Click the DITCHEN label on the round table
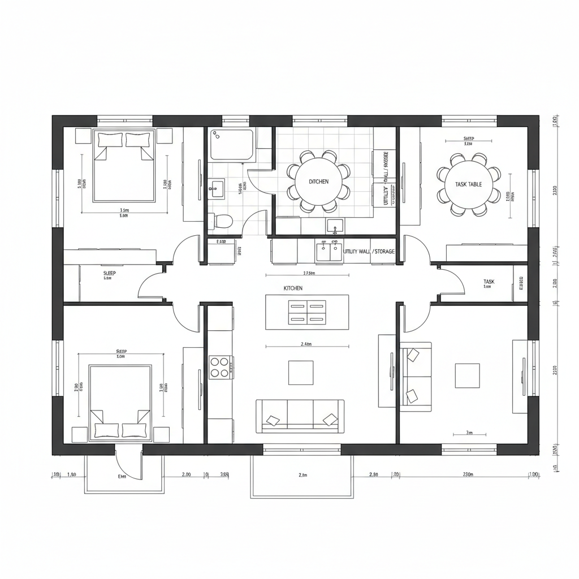click(x=318, y=182)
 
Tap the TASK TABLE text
click(x=468, y=184)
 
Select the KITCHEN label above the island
click(x=293, y=288)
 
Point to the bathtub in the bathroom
click(x=232, y=144)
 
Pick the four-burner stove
click(x=220, y=366)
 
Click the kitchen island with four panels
click(x=307, y=312)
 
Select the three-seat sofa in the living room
click(x=300, y=416)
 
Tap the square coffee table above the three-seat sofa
click(x=300, y=373)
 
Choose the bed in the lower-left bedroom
click(x=120, y=402)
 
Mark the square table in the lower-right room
click(x=468, y=375)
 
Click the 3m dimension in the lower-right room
click(x=469, y=433)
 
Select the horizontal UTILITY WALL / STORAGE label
click(x=369, y=251)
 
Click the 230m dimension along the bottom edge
click(x=468, y=475)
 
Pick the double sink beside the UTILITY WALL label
click(x=329, y=251)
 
